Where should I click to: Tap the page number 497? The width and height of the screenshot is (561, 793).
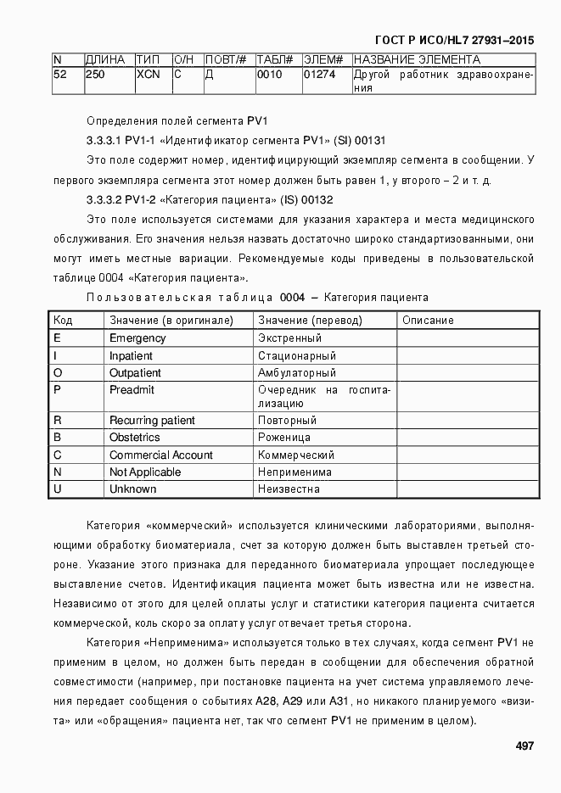[x=524, y=746]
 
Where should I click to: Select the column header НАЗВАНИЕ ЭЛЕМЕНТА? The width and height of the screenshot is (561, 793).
[x=416, y=59]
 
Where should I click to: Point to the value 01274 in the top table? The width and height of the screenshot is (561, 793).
[x=320, y=75]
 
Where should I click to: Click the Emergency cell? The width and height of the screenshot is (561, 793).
[x=137, y=338]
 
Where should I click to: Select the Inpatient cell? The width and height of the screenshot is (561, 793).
[x=132, y=356]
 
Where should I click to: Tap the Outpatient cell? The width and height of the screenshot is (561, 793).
[x=135, y=373]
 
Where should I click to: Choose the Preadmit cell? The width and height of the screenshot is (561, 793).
[x=132, y=389]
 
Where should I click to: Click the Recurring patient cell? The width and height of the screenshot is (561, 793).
[x=152, y=421]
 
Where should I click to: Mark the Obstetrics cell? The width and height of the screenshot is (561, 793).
[x=134, y=438]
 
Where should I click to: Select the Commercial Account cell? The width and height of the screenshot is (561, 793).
[x=161, y=455]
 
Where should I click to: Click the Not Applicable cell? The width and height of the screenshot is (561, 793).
[x=145, y=472]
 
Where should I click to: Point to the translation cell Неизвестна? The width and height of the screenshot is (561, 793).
[x=289, y=489]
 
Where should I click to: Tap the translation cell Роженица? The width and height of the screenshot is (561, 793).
[x=285, y=438]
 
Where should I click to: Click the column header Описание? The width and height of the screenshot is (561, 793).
[x=428, y=321]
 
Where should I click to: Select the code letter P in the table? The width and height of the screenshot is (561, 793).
[x=57, y=389]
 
